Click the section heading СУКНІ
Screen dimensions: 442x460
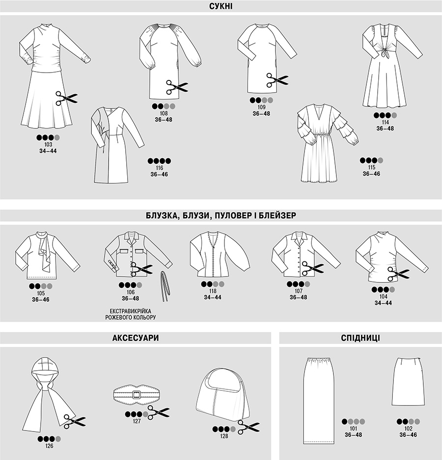(x=221, y=6)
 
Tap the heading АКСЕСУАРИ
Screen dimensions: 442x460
(x=136, y=338)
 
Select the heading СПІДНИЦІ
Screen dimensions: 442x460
(x=360, y=338)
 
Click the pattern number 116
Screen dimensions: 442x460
(x=160, y=168)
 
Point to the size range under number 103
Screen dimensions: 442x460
(x=48, y=151)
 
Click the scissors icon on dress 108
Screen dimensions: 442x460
(x=177, y=87)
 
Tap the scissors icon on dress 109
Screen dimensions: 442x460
(x=277, y=80)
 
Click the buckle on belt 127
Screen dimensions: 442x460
(x=136, y=395)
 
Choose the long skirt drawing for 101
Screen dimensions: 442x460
(x=319, y=401)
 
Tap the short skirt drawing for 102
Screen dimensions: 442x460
(x=408, y=382)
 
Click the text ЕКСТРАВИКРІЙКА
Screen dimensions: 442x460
(x=130, y=311)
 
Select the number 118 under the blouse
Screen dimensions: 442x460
(x=213, y=291)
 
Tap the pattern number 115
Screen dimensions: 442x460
(x=371, y=167)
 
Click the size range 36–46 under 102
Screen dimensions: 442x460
(x=408, y=434)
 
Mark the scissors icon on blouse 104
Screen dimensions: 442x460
(x=398, y=274)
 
